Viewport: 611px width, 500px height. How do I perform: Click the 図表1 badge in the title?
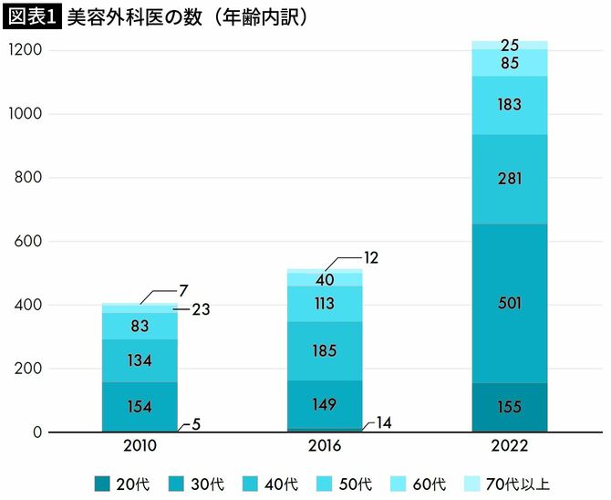tap(32, 17)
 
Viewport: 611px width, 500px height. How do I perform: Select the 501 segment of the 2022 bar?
tap(510, 303)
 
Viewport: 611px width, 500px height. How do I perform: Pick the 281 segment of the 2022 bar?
tap(510, 179)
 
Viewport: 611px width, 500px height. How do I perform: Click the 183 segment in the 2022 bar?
tap(510, 105)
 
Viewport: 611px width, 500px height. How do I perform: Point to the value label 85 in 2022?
tap(510, 63)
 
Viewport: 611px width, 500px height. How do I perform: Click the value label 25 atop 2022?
tap(510, 45)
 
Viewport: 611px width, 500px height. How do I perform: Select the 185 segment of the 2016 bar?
tap(325, 350)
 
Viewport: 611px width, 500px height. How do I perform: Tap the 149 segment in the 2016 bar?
tap(325, 404)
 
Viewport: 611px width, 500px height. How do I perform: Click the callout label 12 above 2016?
tap(368, 258)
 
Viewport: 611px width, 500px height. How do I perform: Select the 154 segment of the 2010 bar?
tap(140, 407)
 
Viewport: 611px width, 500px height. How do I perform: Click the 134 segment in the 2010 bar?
tap(140, 360)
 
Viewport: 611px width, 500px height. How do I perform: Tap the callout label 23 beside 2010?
tap(202, 309)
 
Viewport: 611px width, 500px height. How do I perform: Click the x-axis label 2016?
tap(325, 446)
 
